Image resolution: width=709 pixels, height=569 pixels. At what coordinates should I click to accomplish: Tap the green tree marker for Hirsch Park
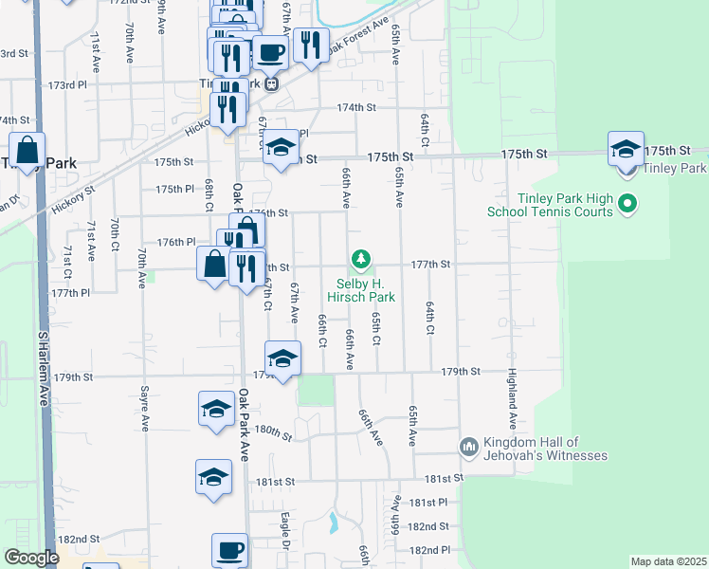360,258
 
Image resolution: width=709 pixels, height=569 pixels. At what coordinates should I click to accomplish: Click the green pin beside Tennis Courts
627,203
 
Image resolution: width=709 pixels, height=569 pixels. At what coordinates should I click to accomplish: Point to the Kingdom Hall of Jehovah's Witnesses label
545,449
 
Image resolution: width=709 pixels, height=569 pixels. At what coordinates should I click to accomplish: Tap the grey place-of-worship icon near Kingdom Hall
468,447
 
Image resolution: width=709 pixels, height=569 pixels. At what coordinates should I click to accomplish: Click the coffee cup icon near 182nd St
229,550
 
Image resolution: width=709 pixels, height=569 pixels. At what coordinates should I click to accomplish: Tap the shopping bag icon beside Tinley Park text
28,151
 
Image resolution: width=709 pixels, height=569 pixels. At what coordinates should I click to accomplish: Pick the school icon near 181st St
213,477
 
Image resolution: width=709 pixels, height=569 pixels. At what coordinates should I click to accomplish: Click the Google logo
31,558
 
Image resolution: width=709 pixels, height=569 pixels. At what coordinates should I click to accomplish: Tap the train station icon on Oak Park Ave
271,83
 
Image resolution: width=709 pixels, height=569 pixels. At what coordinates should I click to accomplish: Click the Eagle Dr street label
285,530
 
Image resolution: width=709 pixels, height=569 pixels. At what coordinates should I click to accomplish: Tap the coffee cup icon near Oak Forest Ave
269,52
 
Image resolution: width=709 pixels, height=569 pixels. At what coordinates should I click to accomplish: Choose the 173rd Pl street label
62,85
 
